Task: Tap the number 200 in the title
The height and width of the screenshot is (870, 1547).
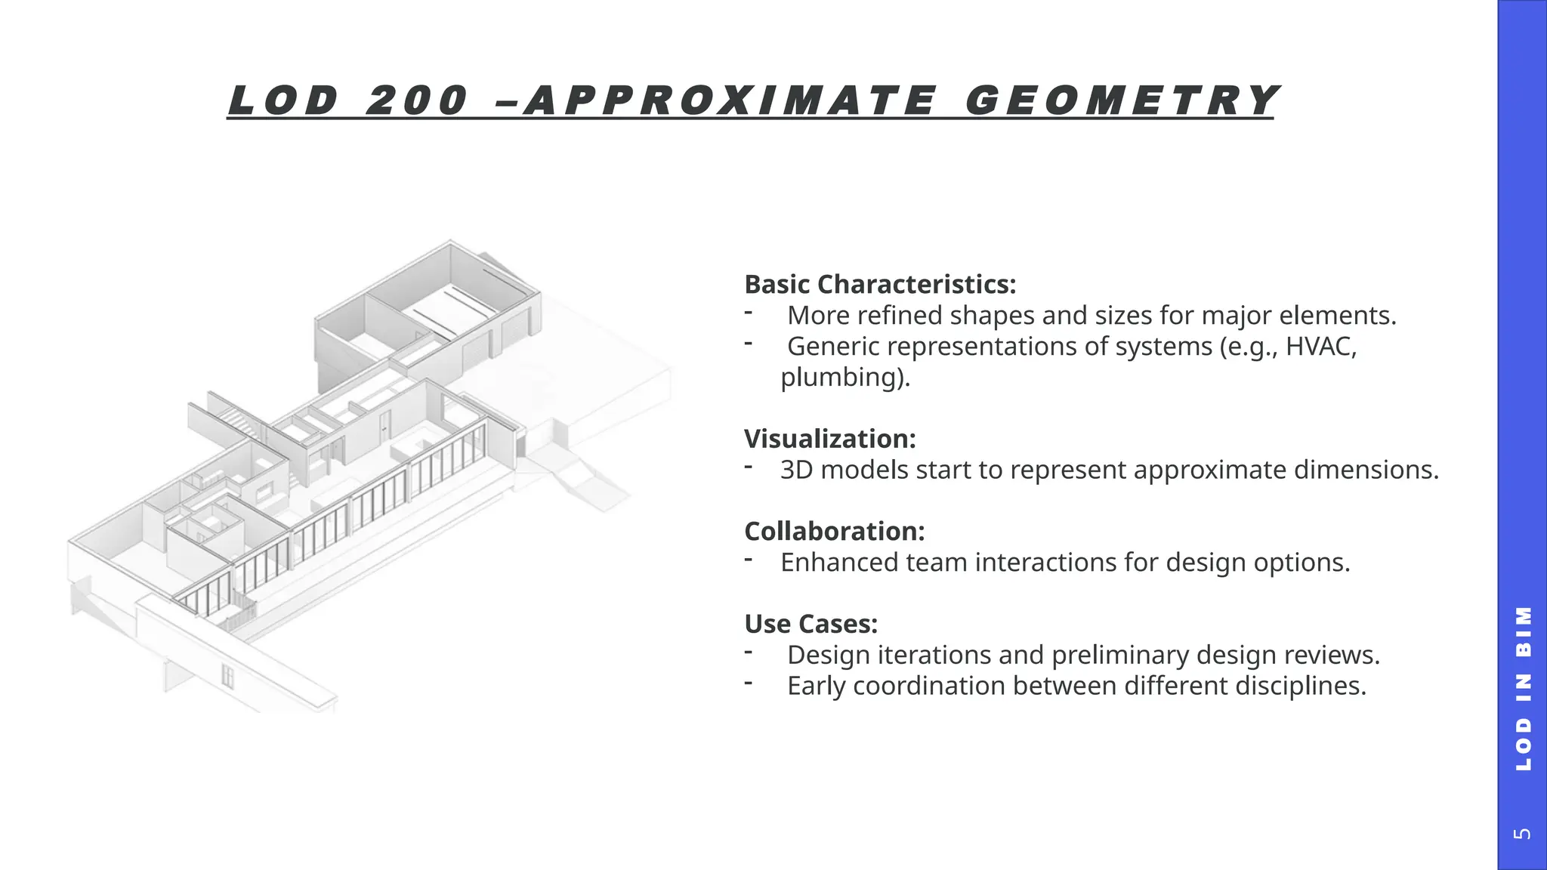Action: coord(416,101)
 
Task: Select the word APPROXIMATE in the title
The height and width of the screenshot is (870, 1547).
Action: coord(729,101)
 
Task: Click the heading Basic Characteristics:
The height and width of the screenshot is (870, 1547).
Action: coord(880,285)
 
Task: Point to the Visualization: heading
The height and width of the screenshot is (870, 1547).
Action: coord(829,439)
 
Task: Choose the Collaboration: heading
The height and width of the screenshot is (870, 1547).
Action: coord(834,532)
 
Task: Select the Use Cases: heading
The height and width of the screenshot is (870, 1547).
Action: coord(811,624)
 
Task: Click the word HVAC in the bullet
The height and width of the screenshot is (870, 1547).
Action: coord(1320,347)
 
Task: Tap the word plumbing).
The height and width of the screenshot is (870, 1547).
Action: coord(845,377)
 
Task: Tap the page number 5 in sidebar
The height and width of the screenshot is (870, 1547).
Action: coord(1523,834)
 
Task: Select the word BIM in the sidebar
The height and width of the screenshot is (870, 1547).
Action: coord(1523,631)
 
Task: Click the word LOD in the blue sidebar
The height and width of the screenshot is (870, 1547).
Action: coord(1523,745)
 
